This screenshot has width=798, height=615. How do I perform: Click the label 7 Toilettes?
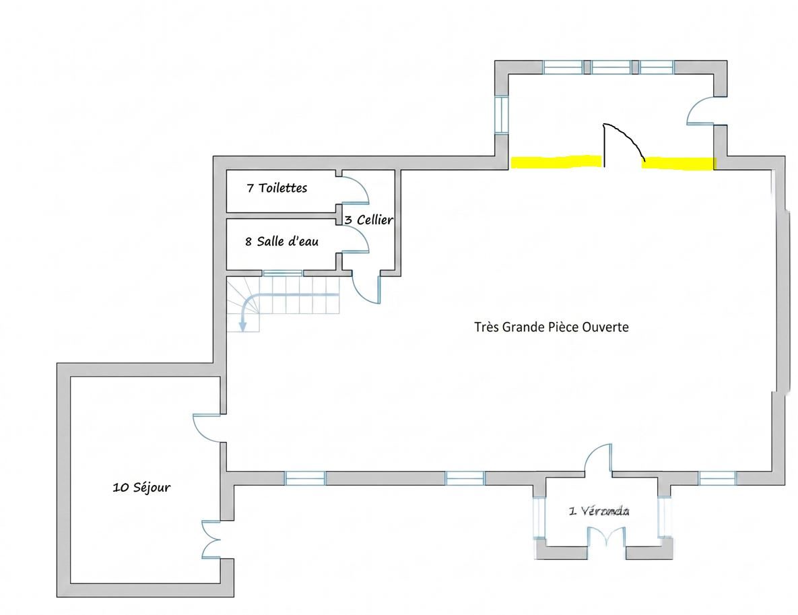click(277, 188)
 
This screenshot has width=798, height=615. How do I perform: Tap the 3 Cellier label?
click(369, 220)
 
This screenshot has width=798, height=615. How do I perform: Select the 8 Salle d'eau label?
click(282, 240)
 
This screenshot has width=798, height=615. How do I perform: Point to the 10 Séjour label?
click(141, 487)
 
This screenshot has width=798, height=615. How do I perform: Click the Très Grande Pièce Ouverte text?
click(551, 327)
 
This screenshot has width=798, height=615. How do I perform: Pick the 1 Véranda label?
click(599, 511)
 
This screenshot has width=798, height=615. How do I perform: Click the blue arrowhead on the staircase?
click(243, 326)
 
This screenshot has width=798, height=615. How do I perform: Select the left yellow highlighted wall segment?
click(556, 162)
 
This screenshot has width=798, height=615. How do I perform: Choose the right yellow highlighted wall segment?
click(678, 164)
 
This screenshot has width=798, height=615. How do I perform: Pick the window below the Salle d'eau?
click(283, 273)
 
